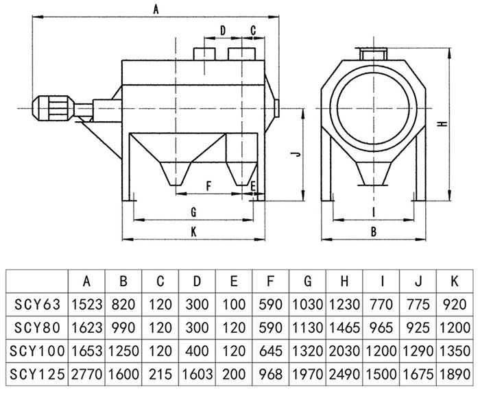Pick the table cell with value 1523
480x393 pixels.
[x=86, y=303]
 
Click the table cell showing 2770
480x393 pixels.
[x=86, y=375]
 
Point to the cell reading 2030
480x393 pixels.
[x=345, y=351]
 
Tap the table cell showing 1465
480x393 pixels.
[x=345, y=327]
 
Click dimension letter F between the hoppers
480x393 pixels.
[x=208, y=186]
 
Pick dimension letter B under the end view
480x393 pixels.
[x=374, y=231]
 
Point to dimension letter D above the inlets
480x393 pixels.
[x=223, y=30]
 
